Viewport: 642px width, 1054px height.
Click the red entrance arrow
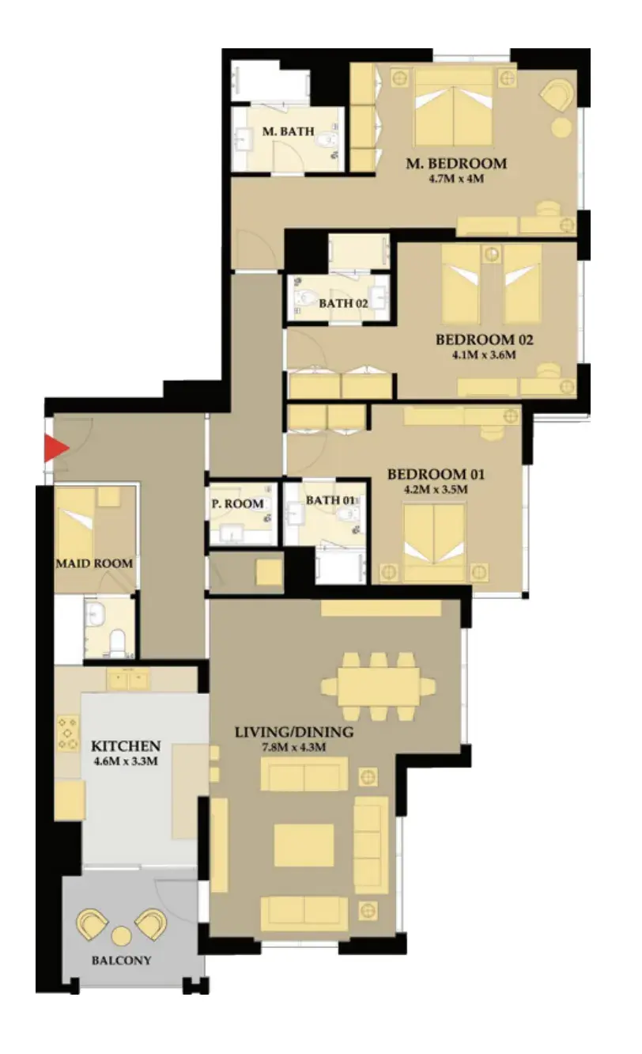coord(56,448)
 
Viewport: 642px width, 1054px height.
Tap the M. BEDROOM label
coord(456,163)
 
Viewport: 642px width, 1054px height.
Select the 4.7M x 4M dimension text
coord(456,179)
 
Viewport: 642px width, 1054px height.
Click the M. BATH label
coord(288,131)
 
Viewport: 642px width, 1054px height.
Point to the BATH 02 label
coord(343,304)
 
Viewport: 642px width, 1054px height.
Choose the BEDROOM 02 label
coord(484,339)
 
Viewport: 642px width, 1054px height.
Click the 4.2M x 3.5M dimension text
coord(436,489)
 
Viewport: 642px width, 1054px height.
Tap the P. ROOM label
coord(237,504)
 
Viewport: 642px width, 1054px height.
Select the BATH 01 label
coord(330,500)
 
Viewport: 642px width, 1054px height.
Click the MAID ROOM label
coord(94,563)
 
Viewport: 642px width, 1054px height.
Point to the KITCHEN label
coord(126,746)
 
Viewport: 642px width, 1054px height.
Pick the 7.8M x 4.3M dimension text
coord(294,747)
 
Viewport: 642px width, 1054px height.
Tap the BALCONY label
coord(121,961)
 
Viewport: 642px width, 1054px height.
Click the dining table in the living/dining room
coord(379,687)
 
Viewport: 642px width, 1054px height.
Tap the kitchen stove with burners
coord(68,734)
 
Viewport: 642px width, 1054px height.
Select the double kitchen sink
coord(128,680)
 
